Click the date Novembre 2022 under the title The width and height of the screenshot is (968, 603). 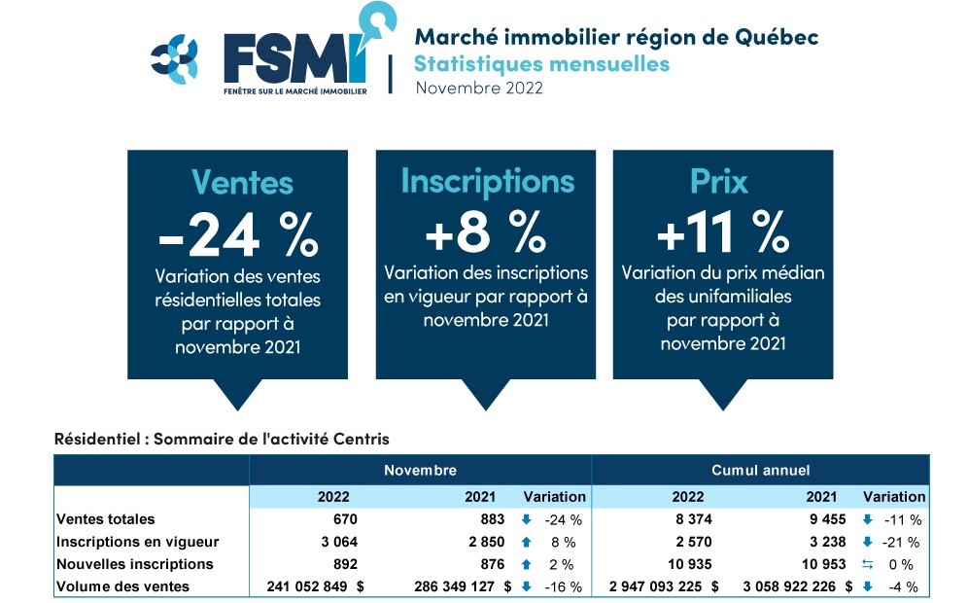click(478, 88)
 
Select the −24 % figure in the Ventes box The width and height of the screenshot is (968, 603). click(237, 232)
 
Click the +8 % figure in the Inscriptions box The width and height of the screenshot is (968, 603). click(486, 232)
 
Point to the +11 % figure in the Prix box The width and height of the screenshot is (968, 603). click(722, 232)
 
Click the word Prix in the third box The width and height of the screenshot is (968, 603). click(722, 182)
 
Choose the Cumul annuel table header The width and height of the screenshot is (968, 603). click(760, 470)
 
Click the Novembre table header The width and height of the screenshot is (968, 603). click(420, 470)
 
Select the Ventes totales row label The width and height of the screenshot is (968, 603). click(106, 519)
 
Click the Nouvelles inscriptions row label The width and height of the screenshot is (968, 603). click(135, 564)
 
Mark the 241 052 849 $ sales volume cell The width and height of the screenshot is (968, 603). click(313, 586)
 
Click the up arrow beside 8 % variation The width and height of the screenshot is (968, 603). click(526, 542)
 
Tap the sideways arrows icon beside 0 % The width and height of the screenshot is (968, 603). click(867, 564)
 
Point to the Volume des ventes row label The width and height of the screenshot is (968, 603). click(123, 586)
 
